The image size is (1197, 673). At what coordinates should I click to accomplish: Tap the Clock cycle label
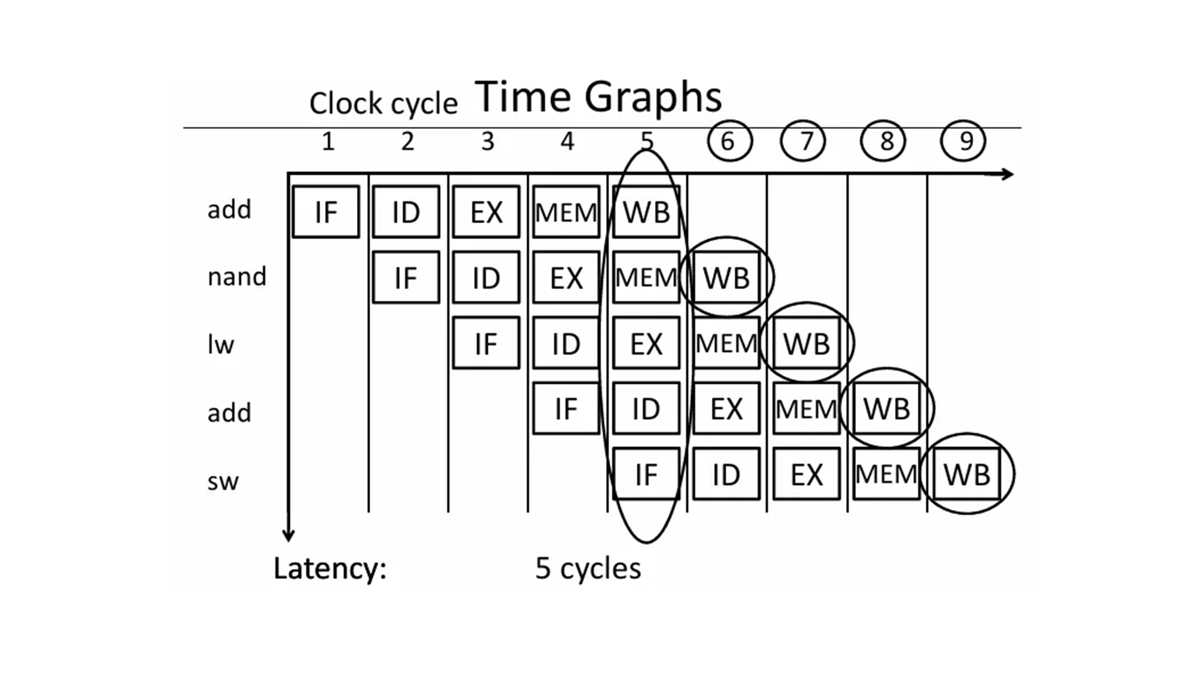point(383,103)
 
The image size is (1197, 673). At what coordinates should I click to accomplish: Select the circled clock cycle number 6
point(729,141)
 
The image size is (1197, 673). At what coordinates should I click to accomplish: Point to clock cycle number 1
point(328,141)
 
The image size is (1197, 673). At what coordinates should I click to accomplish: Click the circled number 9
point(963,141)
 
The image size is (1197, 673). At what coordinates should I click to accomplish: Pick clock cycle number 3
point(487,141)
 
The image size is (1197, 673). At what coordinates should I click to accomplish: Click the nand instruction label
point(236,277)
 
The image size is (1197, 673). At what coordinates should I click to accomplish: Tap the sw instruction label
point(223,481)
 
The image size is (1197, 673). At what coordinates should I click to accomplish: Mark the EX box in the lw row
point(646,344)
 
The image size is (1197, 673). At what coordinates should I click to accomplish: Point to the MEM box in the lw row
point(726,344)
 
